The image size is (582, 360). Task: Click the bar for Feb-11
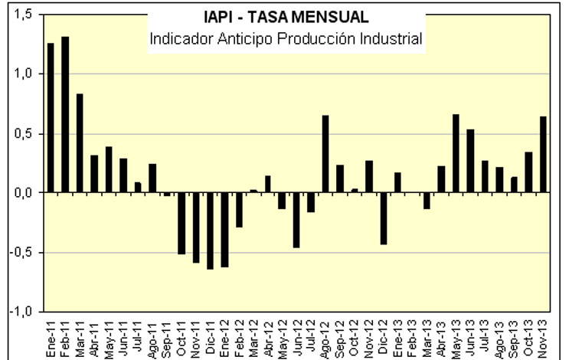[65, 115]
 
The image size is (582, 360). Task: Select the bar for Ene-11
[51, 118]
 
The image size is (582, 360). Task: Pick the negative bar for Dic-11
[210, 231]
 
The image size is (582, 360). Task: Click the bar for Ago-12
[325, 154]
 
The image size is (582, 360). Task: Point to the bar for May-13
[456, 153]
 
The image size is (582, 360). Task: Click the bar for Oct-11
[181, 223]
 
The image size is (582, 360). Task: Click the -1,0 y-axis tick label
[20, 312]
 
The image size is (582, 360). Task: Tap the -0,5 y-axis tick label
[20, 252]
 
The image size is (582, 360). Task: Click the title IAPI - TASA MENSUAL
[286, 17]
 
